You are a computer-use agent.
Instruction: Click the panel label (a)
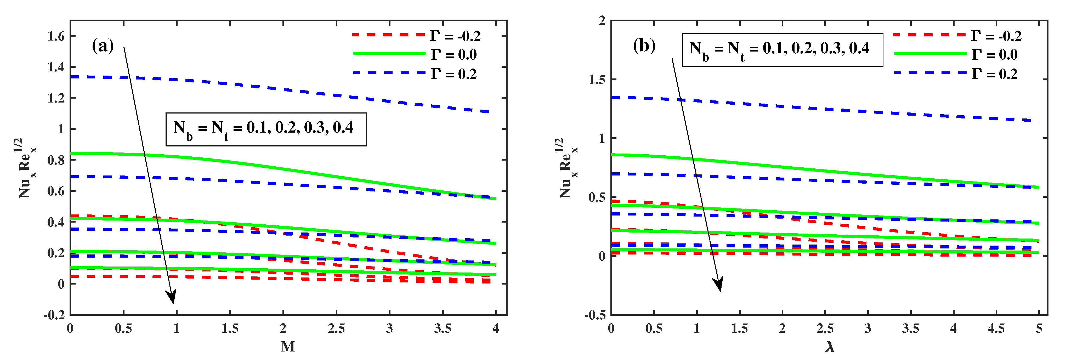102,46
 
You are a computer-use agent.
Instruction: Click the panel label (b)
644,46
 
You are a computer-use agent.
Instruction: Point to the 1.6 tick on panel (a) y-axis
56,36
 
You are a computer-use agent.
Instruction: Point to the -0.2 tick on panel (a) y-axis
54,315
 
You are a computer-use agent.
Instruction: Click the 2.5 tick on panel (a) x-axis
336,329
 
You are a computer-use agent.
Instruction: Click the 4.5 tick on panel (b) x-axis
996,329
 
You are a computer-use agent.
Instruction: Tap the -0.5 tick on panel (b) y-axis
595,315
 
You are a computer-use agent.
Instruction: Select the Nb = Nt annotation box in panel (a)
266,129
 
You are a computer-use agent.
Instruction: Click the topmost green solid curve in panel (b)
828,171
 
